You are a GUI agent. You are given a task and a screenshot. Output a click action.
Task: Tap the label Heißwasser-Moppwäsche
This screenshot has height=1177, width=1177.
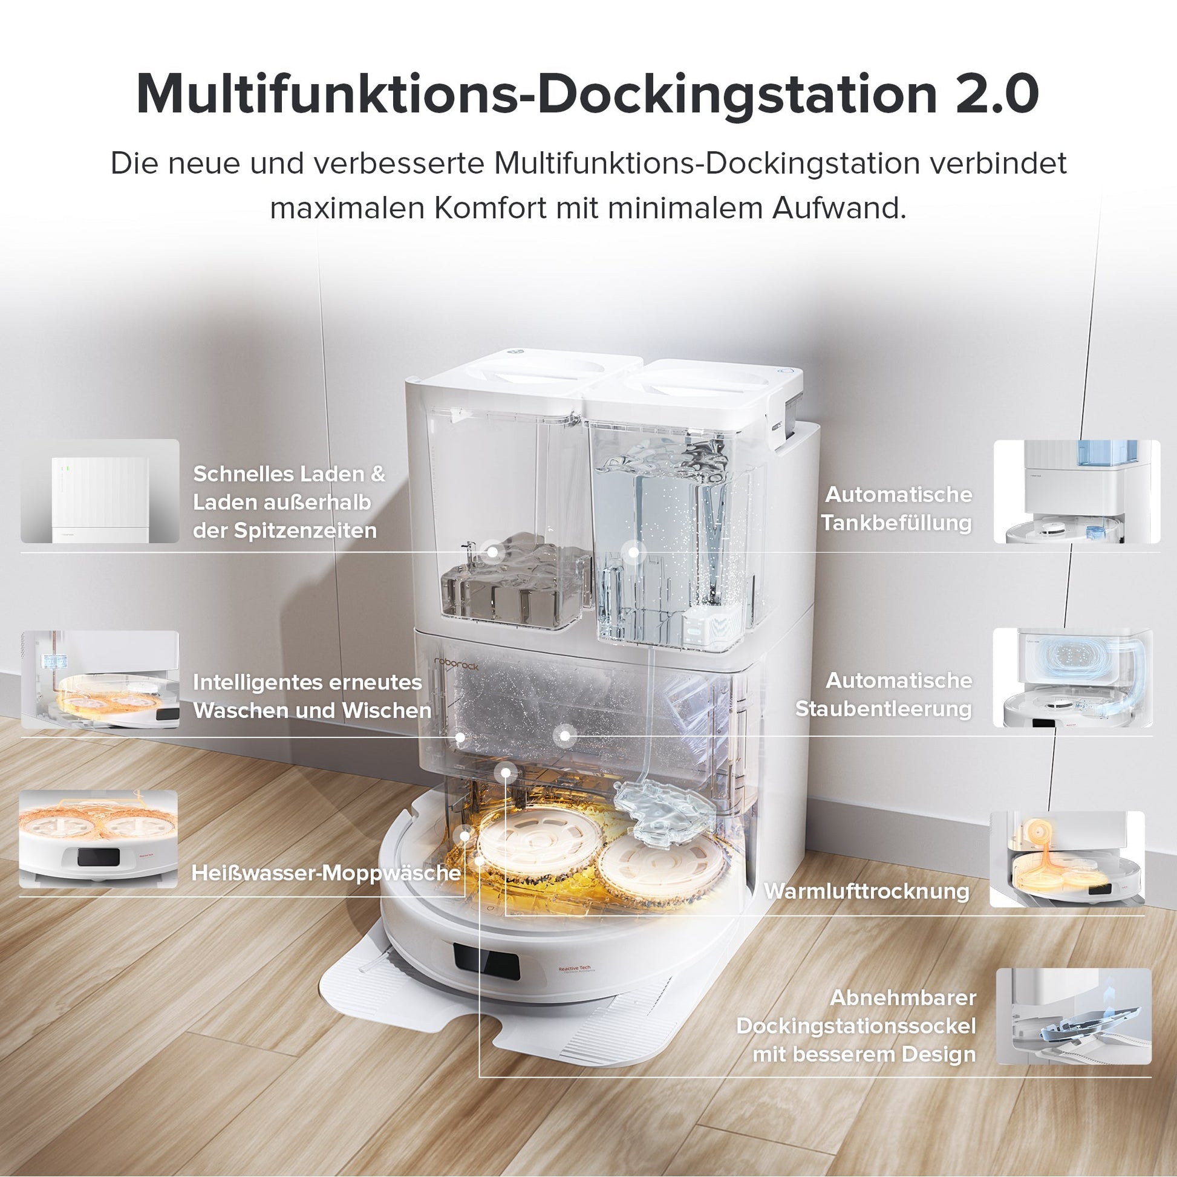(326, 873)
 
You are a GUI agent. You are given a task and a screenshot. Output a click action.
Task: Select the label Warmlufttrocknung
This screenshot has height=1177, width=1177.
(866, 891)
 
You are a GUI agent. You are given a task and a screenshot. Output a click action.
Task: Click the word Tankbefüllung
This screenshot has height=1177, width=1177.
(896, 523)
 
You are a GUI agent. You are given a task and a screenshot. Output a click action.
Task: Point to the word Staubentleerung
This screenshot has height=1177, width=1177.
(884, 708)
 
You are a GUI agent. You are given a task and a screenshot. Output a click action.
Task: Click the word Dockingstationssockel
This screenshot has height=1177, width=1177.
(856, 1025)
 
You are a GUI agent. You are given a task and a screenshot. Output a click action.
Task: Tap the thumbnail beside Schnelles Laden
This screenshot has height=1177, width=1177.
(100, 491)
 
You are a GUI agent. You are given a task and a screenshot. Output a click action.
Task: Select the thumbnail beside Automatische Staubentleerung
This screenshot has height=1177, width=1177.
(1073, 677)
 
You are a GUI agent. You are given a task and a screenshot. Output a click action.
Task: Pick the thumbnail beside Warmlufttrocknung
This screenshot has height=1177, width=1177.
(1067, 859)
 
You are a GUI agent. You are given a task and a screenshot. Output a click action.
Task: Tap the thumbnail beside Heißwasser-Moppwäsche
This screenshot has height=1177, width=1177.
(99, 839)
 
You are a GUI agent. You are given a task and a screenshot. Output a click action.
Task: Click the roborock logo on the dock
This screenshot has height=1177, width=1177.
(456, 663)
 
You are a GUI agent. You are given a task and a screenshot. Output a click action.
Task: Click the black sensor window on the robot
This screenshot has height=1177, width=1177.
(486, 962)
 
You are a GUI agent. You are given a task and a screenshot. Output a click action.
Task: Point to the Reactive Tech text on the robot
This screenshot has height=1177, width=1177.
(575, 968)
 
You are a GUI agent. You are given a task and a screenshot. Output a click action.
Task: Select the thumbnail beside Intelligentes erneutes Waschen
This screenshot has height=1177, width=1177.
(100, 679)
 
